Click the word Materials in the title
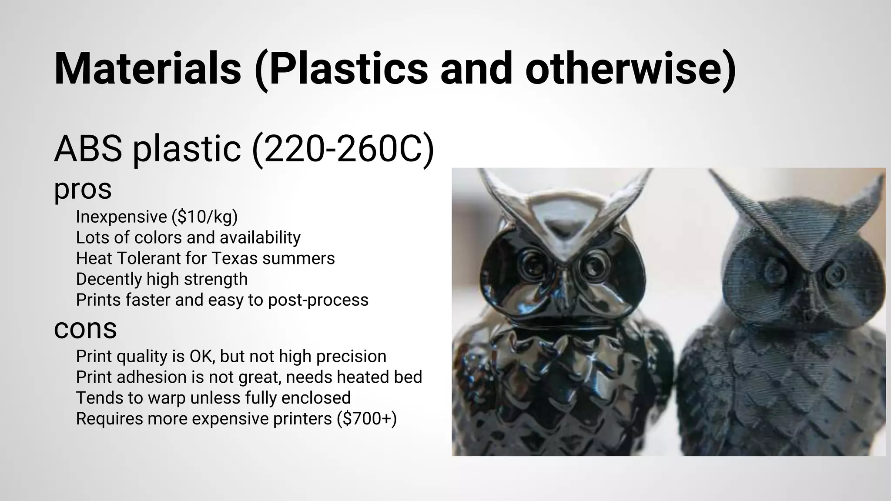coord(147,69)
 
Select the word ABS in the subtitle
coord(88,149)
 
